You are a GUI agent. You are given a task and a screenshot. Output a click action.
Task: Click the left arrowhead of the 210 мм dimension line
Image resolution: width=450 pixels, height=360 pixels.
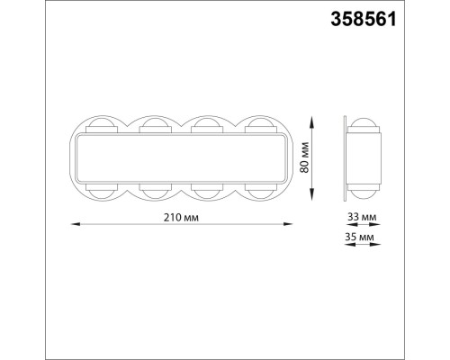coord(73,224)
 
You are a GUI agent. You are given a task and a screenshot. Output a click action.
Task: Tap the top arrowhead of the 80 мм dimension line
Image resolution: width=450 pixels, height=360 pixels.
coord(311,116)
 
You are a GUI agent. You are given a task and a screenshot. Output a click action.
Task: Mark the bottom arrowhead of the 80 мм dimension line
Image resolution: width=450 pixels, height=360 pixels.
coord(311,202)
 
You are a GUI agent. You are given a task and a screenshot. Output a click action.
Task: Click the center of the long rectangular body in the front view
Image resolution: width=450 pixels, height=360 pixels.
coord(180,159)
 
